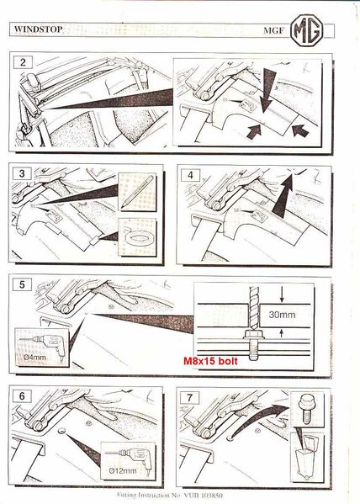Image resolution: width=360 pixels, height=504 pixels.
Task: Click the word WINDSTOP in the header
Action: coord(40,28)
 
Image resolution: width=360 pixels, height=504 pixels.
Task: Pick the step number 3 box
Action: coord(23,176)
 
